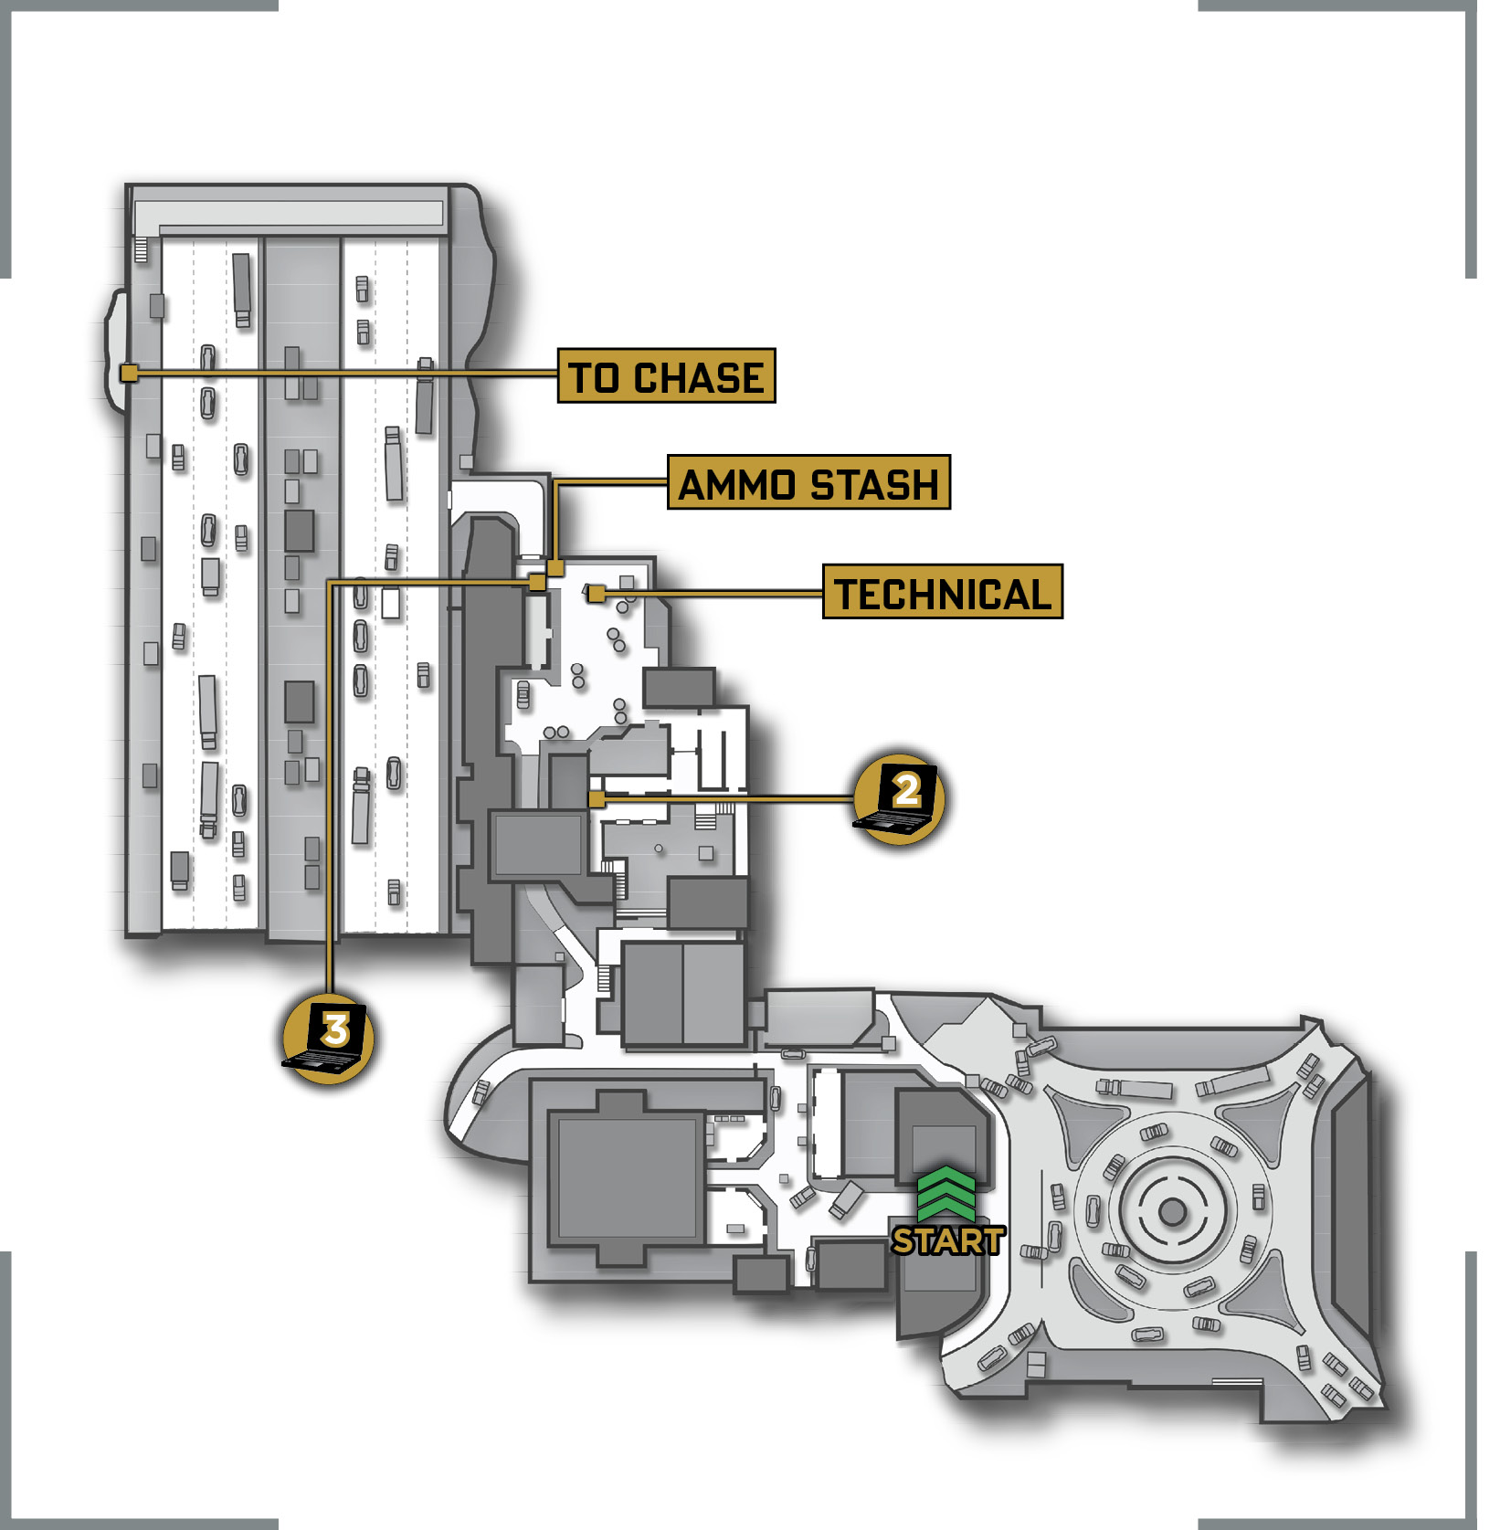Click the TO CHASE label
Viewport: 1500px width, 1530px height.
(x=666, y=375)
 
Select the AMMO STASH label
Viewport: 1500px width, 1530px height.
(x=808, y=482)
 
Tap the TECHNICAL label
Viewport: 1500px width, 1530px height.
(x=943, y=592)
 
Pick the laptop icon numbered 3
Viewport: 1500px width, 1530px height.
(x=328, y=1039)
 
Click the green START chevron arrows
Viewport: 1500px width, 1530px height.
(x=946, y=1193)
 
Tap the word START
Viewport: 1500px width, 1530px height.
(x=948, y=1240)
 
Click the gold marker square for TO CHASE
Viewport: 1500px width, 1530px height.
(x=130, y=373)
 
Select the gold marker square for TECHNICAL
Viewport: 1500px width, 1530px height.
(x=596, y=594)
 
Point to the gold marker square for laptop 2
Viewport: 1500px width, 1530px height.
(x=597, y=799)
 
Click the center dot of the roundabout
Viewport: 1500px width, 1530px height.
(x=1172, y=1213)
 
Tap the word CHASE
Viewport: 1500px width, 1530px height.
(x=699, y=377)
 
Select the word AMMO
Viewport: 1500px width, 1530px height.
(x=738, y=484)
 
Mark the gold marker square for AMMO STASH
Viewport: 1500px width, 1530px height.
(x=555, y=568)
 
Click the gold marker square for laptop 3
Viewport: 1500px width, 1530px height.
(x=537, y=582)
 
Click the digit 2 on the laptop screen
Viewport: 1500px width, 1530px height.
(x=906, y=790)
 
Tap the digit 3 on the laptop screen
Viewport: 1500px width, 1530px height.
(x=336, y=1029)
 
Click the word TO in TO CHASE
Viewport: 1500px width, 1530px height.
(x=595, y=377)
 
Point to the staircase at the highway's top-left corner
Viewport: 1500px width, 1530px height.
(x=141, y=249)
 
